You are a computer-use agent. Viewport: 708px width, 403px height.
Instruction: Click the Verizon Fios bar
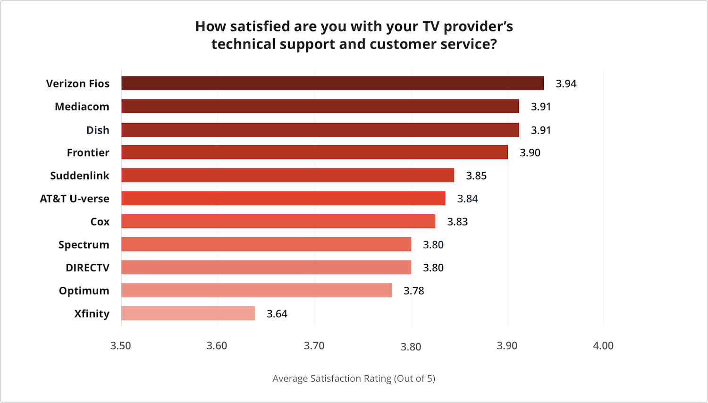point(332,84)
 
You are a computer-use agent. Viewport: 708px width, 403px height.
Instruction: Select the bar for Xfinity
point(188,313)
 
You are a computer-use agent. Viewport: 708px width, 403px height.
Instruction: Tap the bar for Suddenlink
point(287,176)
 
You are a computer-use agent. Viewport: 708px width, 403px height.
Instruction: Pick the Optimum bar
point(256,290)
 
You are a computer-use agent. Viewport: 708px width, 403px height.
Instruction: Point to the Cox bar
point(278,221)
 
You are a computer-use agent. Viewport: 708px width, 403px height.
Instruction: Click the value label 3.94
point(566,84)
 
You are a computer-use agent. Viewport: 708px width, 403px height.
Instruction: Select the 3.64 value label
point(277,314)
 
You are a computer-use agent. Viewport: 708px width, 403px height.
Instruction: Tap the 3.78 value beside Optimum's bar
point(413,291)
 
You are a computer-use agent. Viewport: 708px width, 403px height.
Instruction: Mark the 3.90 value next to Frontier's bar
point(530,153)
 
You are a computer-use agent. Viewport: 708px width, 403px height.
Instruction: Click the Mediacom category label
point(82,107)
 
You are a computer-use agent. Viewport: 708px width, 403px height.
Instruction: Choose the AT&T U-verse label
point(75,199)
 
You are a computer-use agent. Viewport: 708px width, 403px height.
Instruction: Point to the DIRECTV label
point(87,268)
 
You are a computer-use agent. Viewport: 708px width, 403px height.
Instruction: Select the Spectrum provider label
point(84,244)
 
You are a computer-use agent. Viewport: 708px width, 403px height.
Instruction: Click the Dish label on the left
point(98,130)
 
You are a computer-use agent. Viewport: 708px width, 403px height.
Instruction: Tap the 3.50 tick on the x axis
point(121,345)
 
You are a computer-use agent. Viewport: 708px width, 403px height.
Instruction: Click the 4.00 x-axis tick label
point(603,345)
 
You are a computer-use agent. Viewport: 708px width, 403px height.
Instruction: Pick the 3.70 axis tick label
point(314,345)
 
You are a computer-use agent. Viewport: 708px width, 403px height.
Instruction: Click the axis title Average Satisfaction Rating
point(354,378)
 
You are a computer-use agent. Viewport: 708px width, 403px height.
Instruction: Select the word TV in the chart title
point(430,26)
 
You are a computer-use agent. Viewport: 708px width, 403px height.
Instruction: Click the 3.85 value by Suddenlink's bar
point(476,176)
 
